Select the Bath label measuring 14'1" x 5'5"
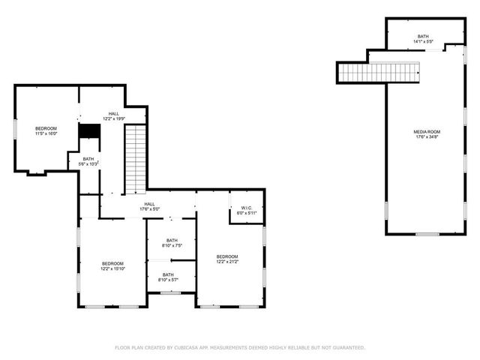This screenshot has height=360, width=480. coord(423,36)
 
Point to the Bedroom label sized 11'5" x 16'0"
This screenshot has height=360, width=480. coord(46,129)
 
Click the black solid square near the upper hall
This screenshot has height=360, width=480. coord(89,130)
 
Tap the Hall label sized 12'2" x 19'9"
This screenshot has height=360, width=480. coord(113,114)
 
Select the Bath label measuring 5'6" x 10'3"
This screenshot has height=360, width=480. coord(88,159)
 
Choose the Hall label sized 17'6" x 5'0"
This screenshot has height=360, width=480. coord(149,203)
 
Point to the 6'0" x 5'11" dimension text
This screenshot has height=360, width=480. coord(247,213)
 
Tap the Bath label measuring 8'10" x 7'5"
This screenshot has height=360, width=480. coord(172,240)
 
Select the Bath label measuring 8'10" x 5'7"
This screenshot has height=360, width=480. coord(167,275)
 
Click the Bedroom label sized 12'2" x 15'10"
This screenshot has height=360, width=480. coord(112,263)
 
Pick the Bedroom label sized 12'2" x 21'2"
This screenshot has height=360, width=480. coord(227,256)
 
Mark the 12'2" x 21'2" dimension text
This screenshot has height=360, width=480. coord(227,262)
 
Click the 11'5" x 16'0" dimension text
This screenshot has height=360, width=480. coord(46,134)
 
